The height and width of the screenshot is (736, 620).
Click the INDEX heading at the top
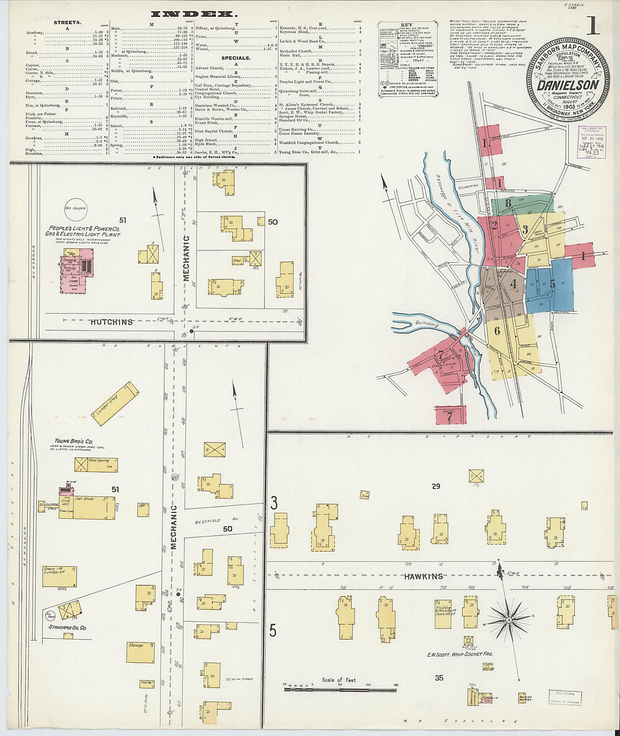pyautogui.click(x=193, y=14)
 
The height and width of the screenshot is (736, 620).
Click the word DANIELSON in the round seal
pyautogui.click(x=567, y=85)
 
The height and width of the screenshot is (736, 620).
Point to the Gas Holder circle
pyautogui.click(x=75, y=209)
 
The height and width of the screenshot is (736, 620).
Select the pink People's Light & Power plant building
pyautogui.click(x=77, y=270)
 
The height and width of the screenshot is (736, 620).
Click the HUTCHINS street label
pyautogui.click(x=112, y=321)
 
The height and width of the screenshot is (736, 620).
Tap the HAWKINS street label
pyautogui.click(x=423, y=576)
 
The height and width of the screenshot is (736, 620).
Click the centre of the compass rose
pyautogui.click(x=508, y=620)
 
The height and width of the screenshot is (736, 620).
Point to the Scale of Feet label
pyautogui.click(x=339, y=680)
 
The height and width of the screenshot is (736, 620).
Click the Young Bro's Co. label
pyautogui.click(x=73, y=441)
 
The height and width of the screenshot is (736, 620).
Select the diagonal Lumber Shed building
pyautogui.click(x=116, y=403)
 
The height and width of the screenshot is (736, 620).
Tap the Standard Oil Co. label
pyautogui.click(x=67, y=627)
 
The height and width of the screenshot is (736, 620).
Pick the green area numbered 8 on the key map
pyautogui.click(x=509, y=204)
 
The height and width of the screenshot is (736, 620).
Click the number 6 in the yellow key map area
pyautogui.click(x=497, y=331)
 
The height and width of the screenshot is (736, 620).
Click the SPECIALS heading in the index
pyautogui.click(x=236, y=58)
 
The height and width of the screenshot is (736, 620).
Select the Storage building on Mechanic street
pyautogui.click(x=140, y=651)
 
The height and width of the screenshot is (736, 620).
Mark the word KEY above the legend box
pyautogui.click(x=406, y=25)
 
